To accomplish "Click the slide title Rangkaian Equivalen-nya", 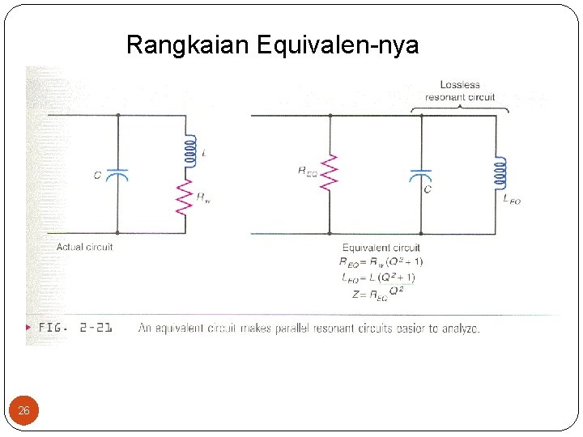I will point(272,45).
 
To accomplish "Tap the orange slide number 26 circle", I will point(23,411).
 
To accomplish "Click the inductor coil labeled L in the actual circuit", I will point(189,152).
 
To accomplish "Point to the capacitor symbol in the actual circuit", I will point(118,173).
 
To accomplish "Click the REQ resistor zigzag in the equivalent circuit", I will point(329,172).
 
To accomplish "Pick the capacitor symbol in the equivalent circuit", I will point(421,175).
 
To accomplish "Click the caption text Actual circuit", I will point(84,247).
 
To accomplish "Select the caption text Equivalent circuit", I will point(381,248).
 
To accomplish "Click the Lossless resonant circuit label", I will point(460,91).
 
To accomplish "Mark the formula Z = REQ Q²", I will point(378,294).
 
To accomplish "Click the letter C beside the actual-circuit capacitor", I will point(98,175).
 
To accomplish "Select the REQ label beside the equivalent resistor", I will point(308,171).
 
